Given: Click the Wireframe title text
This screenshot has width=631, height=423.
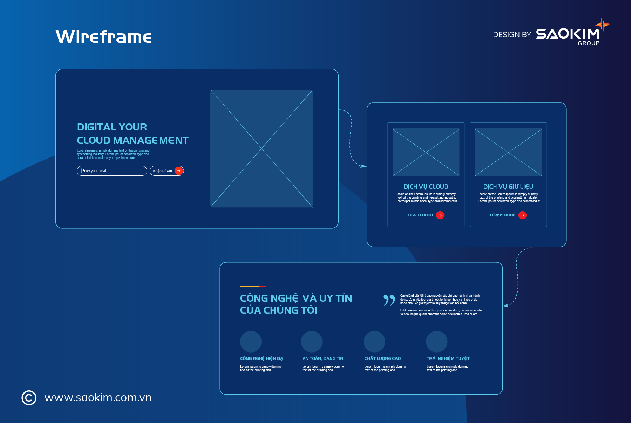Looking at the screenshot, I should tap(103, 37).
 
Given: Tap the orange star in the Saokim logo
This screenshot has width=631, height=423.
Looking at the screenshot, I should tap(602, 25).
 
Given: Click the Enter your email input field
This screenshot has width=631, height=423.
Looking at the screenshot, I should tap(112, 171).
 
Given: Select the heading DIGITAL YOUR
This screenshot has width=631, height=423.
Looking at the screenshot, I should tap(112, 127).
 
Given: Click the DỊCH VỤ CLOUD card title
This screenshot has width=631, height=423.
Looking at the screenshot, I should tap(426, 187).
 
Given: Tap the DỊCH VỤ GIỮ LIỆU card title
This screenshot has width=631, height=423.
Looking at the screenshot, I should tap(508, 187).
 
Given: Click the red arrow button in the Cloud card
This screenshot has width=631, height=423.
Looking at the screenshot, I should tap(440, 215).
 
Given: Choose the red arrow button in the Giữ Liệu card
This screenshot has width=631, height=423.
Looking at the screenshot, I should tap(522, 215).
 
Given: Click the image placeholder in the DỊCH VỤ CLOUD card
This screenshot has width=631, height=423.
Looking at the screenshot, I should tap(426, 152).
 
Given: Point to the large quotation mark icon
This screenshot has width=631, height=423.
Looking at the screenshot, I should tap(389, 300).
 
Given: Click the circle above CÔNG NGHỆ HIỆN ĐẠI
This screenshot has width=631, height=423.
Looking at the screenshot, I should tap(251, 342).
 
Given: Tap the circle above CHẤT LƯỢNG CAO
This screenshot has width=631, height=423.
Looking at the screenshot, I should tap(374, 342).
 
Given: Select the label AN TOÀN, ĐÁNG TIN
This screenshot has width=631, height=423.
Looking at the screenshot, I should tap(323, 358).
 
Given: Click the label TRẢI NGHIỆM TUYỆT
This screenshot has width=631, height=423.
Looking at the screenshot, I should tap(448, 358).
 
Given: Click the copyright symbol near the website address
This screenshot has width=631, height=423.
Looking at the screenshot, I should tap(29, 398).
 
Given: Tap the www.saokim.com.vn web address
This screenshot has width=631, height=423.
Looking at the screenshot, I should tap(98, 398).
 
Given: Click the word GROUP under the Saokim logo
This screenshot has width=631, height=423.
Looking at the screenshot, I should tap(589, 43).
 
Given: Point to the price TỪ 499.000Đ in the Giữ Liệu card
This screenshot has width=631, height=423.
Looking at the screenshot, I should tap(502, 215).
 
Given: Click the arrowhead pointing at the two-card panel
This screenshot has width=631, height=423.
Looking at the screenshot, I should tap(364, 166).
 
